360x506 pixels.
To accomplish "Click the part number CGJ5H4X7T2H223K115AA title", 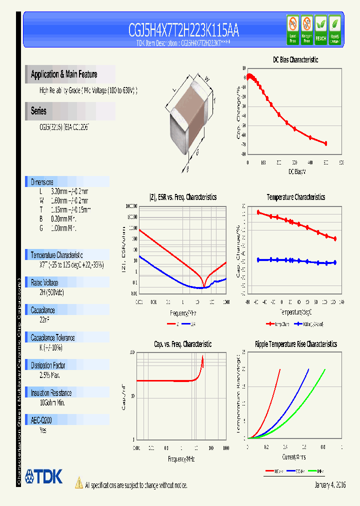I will pos(183,31).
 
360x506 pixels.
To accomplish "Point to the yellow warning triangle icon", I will pos(78,482).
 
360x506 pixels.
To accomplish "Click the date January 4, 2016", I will pos(330,485).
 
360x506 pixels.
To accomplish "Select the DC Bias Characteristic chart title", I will pos(295,59).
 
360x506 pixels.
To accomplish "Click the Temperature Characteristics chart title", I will pos(295,197).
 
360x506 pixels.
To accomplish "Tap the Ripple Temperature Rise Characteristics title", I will pos(295,344).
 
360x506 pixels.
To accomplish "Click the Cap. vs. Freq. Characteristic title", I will pos(182,344).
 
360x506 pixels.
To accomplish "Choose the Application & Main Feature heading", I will pos(64,74).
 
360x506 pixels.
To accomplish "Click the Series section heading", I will pos(39,111).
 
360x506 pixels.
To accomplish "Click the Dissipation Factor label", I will pos(48,365).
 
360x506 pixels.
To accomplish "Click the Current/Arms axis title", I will pos(294,456).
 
